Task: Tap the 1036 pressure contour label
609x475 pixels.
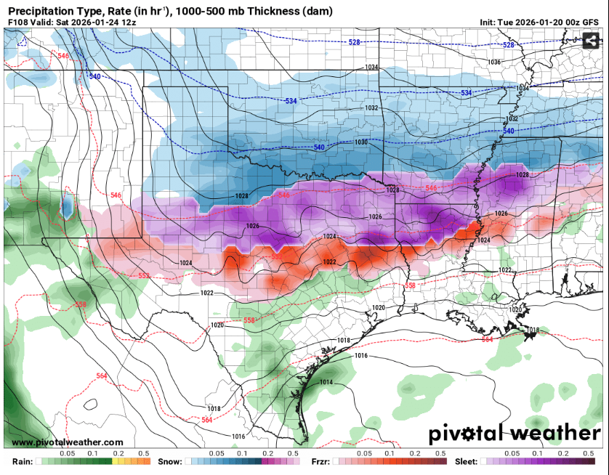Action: pos(494,62)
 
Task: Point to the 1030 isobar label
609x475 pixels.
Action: pos(361,142)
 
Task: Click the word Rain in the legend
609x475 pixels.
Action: pos(23,462)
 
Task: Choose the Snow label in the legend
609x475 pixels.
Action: pos(169,462)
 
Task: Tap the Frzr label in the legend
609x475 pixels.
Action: pos(320,462)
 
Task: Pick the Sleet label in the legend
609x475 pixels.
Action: pos(465,462)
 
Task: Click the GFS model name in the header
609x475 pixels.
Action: pos(592,23)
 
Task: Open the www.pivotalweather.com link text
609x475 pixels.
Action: pos(68,442)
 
